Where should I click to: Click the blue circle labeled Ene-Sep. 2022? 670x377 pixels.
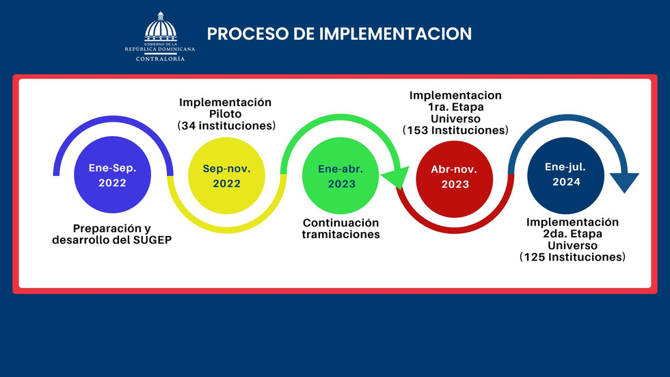click(x=112, y=174)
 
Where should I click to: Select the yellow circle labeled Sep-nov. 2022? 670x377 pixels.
click(x=226, y=175)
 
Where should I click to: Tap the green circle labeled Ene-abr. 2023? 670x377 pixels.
click(x=340, y=175)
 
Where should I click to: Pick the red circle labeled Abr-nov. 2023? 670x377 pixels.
click(x=455, y=179)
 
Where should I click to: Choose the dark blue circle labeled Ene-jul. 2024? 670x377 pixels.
click(x=566, y=175)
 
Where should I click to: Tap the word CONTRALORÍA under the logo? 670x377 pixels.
click(x=160, y=59)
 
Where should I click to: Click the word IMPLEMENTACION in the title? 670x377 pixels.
click(x=395, y=34)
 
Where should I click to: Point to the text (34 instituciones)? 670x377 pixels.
click(x=226, y=126)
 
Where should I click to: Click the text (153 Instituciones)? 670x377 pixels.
click(x=455, y=131)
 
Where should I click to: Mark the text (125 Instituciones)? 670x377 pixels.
click(x=573, y=257)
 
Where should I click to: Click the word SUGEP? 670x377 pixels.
click(x=152, y=239)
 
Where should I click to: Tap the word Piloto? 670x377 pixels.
click(x=225, y=114)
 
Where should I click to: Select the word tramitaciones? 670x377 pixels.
click(x=341, y=234)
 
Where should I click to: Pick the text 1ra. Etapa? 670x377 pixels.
click(x=455, y=107)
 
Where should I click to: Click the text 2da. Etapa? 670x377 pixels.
click(x=573, y=234)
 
